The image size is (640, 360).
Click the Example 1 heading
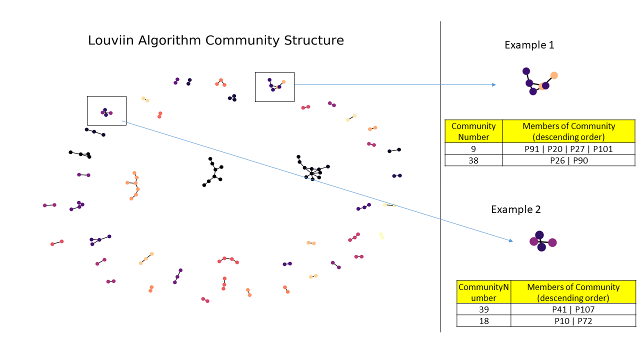pos(529,45)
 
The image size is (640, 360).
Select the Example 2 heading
pos(515,209)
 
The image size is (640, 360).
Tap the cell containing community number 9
pos(473,148)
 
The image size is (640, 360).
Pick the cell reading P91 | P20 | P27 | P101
pos(568,148)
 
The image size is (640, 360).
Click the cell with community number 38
pos(473,160)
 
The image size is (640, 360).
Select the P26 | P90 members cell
pos(568,160)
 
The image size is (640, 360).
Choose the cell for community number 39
pos(483,309)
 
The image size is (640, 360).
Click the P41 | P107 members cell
pos(573,309)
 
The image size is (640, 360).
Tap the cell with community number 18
pos(483,321)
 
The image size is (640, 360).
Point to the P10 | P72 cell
pos(573,321)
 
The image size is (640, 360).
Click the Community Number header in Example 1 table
pos(473,131)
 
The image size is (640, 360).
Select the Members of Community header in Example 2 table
pos(573,292)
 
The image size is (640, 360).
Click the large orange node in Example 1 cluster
pos(554,75)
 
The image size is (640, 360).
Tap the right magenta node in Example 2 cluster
pos(552,242)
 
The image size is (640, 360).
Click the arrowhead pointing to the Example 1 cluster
pos(494,84)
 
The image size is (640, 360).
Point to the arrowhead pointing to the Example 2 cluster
pos(511,241)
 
